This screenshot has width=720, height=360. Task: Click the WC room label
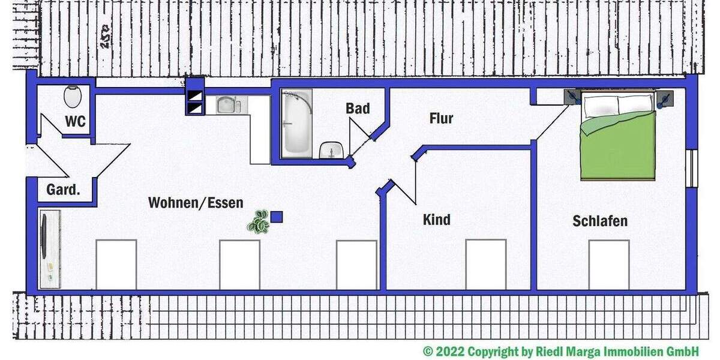[x=76, y=122]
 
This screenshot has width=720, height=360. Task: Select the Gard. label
[x=63, y=190]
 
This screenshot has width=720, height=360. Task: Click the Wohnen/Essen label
[x=196, y=203]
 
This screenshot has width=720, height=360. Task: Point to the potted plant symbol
[x=259, y=221]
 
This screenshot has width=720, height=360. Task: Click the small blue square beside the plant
[x=277, y=217]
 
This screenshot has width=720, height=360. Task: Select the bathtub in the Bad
[x=298, y=124]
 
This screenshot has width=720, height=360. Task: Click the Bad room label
[x=358, y=109]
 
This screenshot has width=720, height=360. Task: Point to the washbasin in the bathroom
[x=329, y=151]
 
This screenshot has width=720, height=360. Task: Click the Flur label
[x=441, y=118]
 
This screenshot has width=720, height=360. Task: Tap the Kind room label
[x=437, y=220]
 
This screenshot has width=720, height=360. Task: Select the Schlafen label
[x=600, y=221]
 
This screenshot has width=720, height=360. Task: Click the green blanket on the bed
[x=618, y=147]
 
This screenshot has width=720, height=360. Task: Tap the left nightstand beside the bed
[x=572, y=97]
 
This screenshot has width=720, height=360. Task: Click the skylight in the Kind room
[x=486, y=264]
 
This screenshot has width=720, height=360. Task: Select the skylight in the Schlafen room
[x=608, y=264]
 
